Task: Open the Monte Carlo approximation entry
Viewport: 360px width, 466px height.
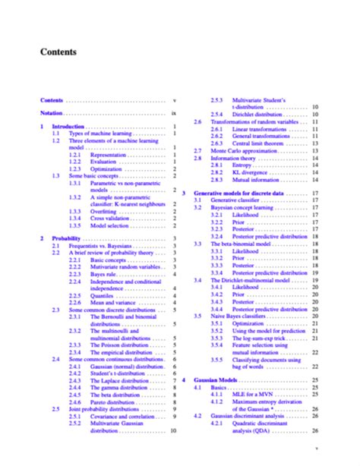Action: pos(253,150)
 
